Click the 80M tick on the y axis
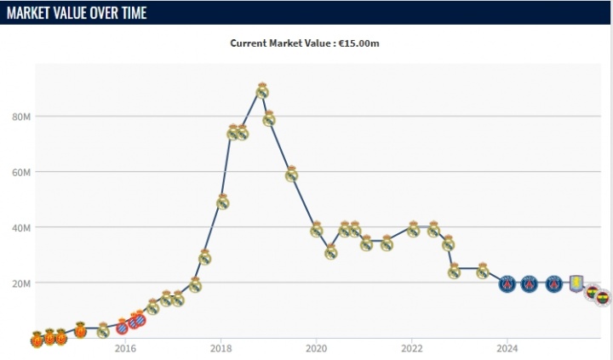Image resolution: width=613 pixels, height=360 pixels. pyautogui.click(x=22, y=117)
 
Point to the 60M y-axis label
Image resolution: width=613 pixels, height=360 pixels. pyautogui.click(x=22, y=172)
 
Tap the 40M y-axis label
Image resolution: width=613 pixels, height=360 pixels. pyautogui.click(x=22, y=227)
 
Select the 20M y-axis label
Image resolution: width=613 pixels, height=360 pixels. pyautogui.click(x=22, y=283)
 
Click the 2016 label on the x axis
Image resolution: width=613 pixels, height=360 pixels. pyautogui.click(x=125, y=348)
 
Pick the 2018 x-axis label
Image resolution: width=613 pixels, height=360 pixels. pyautogui.click(x=221, y=348)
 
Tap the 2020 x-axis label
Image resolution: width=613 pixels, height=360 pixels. pyautogui.click(x=316, y=348)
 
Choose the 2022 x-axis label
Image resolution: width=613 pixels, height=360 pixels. pyautogui.click(x=412, y=348)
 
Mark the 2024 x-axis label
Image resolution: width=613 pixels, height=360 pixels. pyautogui.click(x=507, y=348)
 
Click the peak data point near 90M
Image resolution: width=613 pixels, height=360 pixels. pyautogui.click(x=262, y=91)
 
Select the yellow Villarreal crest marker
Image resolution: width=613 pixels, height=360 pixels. pyautogui.click(x=578, y=283)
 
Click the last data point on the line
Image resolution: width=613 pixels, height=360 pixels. pyautogui.click(x=603, y=298)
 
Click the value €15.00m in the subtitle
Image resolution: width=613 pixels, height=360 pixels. pyautogui.click(x=360, y=43)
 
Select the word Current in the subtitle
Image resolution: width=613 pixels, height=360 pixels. pyautogui.click(x=250, y=43)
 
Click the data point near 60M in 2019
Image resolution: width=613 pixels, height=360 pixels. pyautogui.click(x=291, y=174)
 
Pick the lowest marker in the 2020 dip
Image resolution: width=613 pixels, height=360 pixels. pyautogui.click(x=330, y=252)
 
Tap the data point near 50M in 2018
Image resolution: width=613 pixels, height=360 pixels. pyautogui.click(x=222, y=202)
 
